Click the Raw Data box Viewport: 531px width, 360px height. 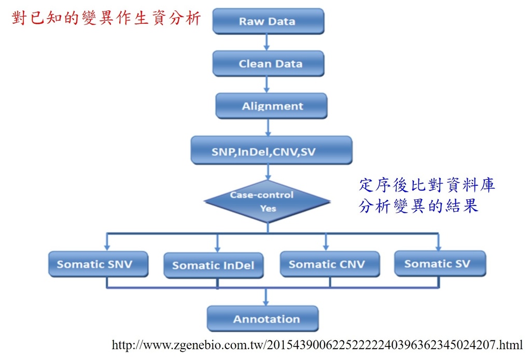pos(268,21)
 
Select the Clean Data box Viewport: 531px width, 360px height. pos(268,63)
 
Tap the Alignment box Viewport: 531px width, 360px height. pos(271,106)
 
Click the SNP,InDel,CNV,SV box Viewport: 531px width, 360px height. pos(272,150)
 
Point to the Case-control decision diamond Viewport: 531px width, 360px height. pos(268,201)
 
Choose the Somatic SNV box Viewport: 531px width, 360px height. pos(98,264)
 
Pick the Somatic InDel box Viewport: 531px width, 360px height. pos(213,265)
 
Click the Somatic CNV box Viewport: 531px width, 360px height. pos(330,264)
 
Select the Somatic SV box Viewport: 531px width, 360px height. pos(440,264)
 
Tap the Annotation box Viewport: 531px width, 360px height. pos(263,319)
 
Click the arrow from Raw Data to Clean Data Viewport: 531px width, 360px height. pos(267,43)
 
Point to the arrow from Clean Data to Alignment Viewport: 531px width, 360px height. pos(267,85)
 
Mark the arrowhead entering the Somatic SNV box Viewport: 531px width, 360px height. pos(107,248)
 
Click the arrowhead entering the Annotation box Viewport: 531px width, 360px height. pos(266,302)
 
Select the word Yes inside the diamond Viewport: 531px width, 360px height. pos(268,209)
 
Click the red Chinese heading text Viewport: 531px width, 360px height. pos(106,18)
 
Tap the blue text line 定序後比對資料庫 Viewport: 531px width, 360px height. pos(427,185)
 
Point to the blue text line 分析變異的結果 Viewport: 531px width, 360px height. pos(418,205)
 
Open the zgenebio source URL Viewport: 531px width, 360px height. pos(317,345)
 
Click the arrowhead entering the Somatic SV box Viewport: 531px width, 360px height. pos(439,247)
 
